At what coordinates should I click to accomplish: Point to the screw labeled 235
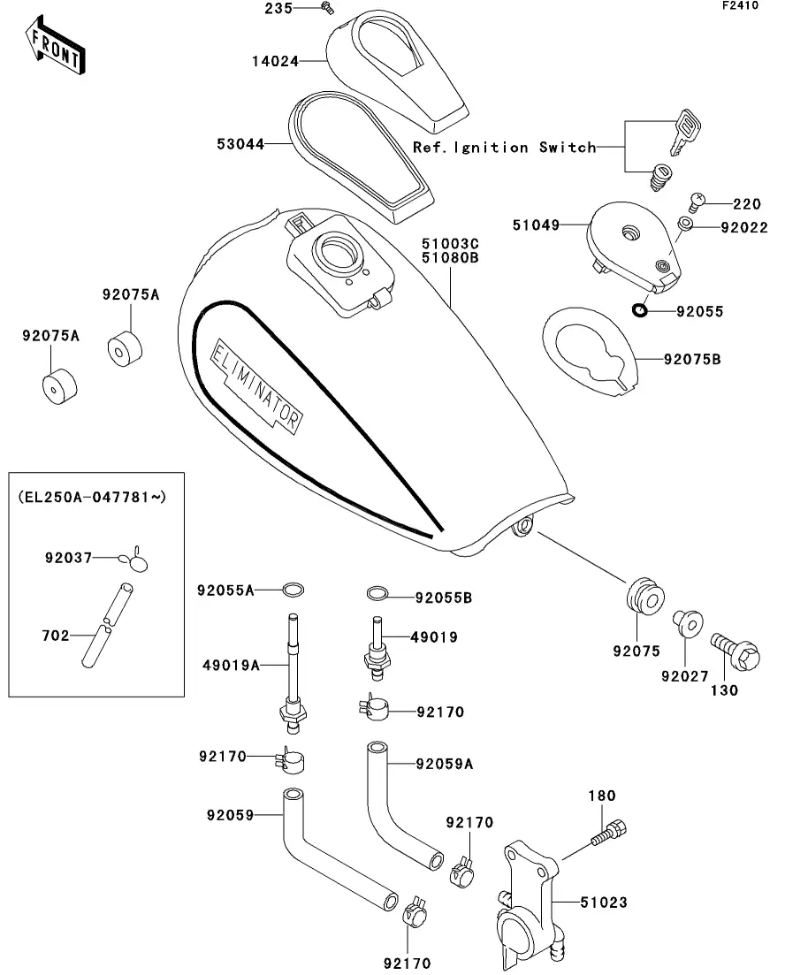tap(328, 8)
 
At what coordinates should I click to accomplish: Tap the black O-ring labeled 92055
tap(638, 310)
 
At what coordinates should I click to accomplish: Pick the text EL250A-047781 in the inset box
tap(92, 498)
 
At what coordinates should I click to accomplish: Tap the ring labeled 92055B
tap(376, 592)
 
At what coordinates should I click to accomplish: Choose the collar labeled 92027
tap(686, 623)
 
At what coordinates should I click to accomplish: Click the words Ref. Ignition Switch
tap(505, 148)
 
